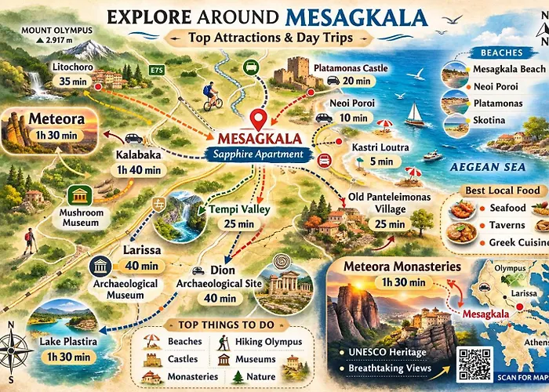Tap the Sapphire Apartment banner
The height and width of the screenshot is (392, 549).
258,154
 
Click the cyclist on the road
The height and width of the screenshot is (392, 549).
212,95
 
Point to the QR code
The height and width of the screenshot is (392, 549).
476,365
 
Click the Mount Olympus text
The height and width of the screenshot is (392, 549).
56,34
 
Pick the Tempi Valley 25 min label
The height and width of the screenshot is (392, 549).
238,216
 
